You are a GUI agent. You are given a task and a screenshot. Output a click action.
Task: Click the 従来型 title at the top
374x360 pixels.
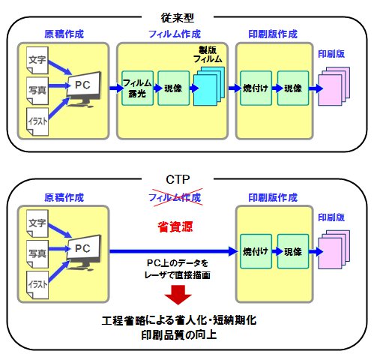[178, 17]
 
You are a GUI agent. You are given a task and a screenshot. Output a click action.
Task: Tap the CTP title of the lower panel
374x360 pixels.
[178, 179]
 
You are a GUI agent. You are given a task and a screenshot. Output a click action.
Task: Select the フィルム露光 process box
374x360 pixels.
[137, 88]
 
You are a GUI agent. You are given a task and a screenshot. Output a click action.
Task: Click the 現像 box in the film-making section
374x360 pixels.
[173, 88]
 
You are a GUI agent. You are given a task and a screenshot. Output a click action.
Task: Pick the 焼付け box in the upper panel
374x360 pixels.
[256, 88]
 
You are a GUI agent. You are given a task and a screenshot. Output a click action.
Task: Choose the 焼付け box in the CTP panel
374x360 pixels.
[256, 251]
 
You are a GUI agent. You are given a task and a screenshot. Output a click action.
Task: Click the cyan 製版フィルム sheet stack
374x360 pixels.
[209, 86]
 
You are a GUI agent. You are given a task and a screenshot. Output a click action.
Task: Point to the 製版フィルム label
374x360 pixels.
[208, 55]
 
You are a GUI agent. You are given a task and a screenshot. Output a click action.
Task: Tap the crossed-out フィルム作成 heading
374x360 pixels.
[175, 197]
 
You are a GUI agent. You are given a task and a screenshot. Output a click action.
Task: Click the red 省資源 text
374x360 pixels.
[175, 226]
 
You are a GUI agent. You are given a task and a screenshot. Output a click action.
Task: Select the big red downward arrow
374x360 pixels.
[178, 295]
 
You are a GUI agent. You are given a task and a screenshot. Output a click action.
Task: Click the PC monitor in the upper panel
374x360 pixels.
[83, 88]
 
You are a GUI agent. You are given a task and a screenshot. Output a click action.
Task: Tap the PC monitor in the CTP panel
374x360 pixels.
[83, 252]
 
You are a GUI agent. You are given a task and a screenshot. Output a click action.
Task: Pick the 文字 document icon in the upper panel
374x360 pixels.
[37, 60]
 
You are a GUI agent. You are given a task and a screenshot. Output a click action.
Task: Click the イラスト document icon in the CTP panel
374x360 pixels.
[37, 285]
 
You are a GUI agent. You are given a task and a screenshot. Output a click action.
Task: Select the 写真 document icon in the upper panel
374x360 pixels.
[37, 91]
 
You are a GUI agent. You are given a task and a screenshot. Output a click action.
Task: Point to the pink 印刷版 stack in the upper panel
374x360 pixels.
[334, 86]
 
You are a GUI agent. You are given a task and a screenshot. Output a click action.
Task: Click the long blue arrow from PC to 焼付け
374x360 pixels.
[174, 251]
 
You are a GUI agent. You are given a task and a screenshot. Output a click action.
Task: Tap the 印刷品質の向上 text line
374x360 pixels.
[179, 335]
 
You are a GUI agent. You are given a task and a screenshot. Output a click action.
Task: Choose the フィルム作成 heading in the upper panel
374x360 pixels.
[175, 34]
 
